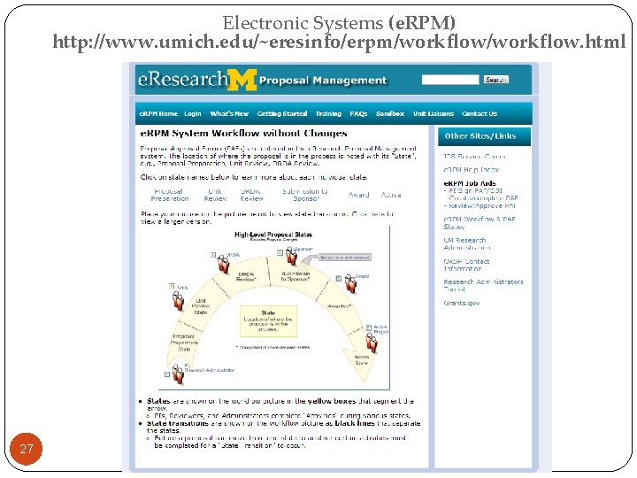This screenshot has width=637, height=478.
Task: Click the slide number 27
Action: click(x=27, y=450)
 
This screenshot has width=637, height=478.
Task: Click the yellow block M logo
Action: click(x=242, y=81)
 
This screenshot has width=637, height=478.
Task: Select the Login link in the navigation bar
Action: click(x=193, y=114)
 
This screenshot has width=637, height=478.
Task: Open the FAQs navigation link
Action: click(x=358, y=114)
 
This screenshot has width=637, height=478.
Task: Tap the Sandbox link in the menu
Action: click(x=389, y=114)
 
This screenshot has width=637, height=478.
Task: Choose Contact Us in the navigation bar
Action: click(x=480, y=114)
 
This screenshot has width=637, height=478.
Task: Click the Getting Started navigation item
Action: click(x=282, y=114)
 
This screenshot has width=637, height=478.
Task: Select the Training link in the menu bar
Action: click(x=328, y=114)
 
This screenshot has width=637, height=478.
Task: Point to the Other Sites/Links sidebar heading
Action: click(x=480, y=136)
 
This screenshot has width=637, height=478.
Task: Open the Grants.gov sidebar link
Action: click(x=462, y=303)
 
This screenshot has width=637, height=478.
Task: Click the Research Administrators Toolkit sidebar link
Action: click(x=483, y=285)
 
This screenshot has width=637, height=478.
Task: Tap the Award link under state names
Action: click(x=358, y=195)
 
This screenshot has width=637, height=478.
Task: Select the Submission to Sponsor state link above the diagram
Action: click(x=305, y=195)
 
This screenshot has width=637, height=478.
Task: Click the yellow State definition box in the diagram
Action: click(x=268, y=320)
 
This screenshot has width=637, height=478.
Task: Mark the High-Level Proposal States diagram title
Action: click(x=273, y=235)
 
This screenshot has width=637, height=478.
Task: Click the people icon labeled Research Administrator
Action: click(x=178, y=374)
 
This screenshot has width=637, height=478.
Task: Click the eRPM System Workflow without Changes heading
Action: click(x=243, y=134)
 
